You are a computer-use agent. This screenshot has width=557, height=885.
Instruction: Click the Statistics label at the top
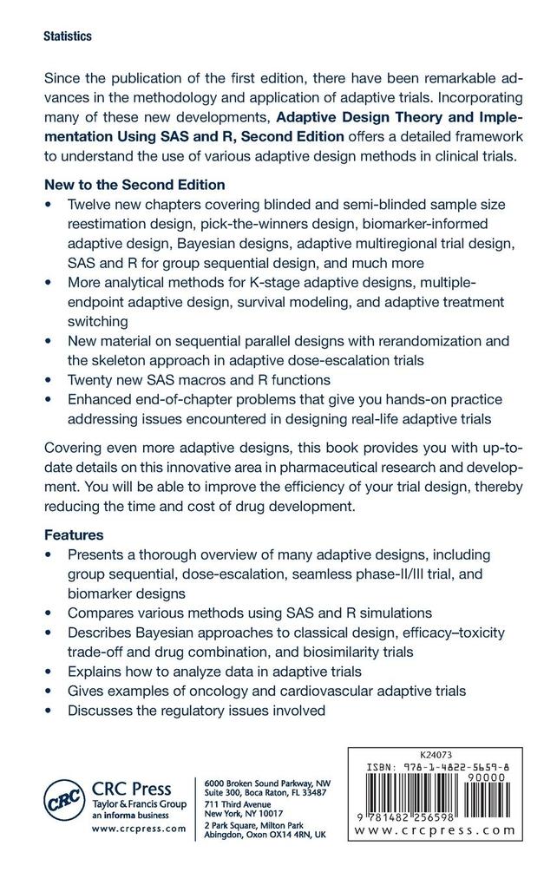67,37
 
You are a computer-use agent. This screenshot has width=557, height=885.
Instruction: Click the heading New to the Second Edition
134,185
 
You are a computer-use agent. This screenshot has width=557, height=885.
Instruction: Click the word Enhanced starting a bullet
101,399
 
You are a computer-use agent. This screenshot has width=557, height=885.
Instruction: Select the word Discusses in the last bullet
102,711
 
